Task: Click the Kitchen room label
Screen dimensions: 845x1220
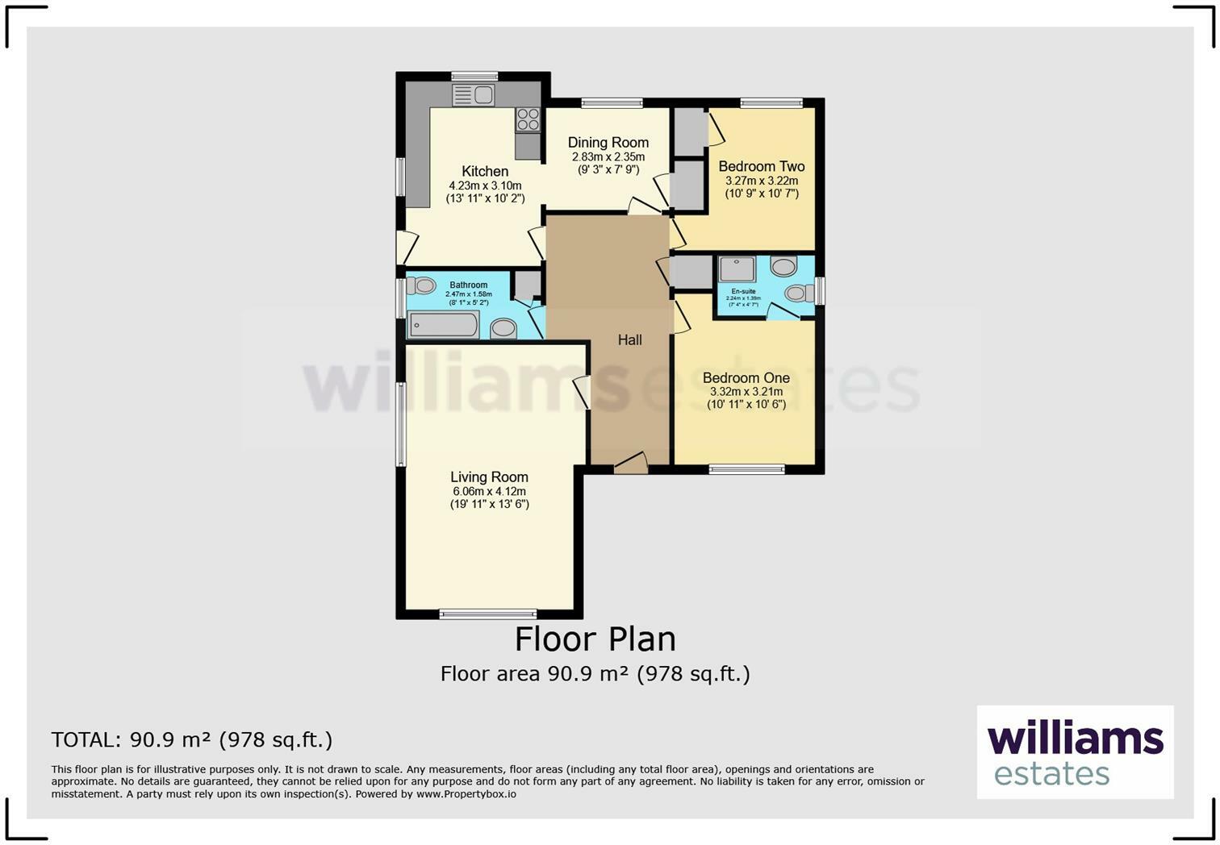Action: [485, 171]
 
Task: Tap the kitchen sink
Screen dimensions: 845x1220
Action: [474, 95]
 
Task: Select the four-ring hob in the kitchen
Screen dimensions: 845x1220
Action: [528, 119]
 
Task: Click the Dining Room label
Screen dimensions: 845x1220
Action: [608, 143]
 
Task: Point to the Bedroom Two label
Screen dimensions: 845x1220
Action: [761, 167]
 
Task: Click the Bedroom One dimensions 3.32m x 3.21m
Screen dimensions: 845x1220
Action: [746, 392]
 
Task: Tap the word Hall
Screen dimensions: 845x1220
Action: [629, 340]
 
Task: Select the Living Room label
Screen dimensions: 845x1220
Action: [489, 477]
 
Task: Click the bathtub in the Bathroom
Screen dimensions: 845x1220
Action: [443, 326]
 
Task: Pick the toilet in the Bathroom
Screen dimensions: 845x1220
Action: [421, 285]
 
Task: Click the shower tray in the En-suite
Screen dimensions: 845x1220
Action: [736, 269]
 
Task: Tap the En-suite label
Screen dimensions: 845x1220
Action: [743, 291]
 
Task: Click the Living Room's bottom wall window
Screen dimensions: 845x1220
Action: [487, 614]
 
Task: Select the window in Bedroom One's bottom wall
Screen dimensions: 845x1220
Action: [746, 469]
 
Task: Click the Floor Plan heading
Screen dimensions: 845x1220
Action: [595, 639]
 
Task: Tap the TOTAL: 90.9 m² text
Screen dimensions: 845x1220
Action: [191, 739]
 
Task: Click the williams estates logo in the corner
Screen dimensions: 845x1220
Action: [1075, 752]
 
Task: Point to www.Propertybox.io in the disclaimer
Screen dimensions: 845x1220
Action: [466, 794]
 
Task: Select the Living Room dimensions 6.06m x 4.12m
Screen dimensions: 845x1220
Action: [489, 491]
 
